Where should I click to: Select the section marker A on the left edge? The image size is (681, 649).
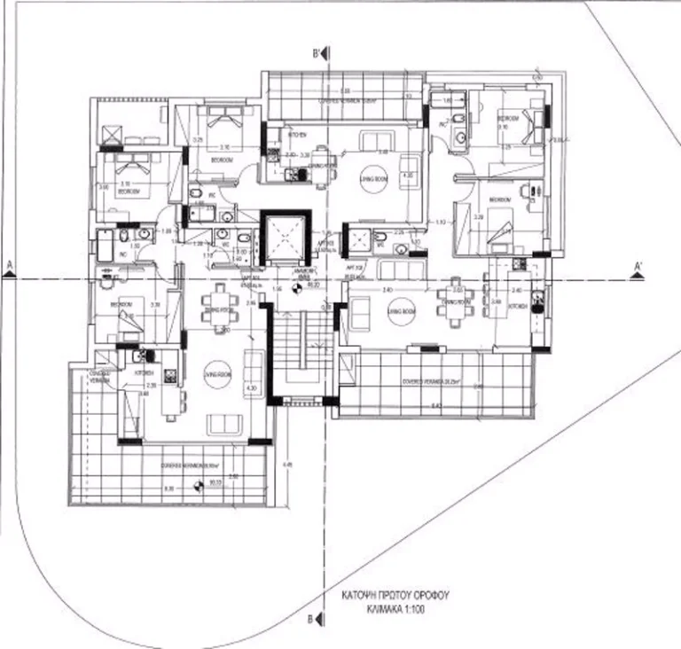coord(9,269)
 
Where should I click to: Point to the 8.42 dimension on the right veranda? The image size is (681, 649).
coord(434,405)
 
